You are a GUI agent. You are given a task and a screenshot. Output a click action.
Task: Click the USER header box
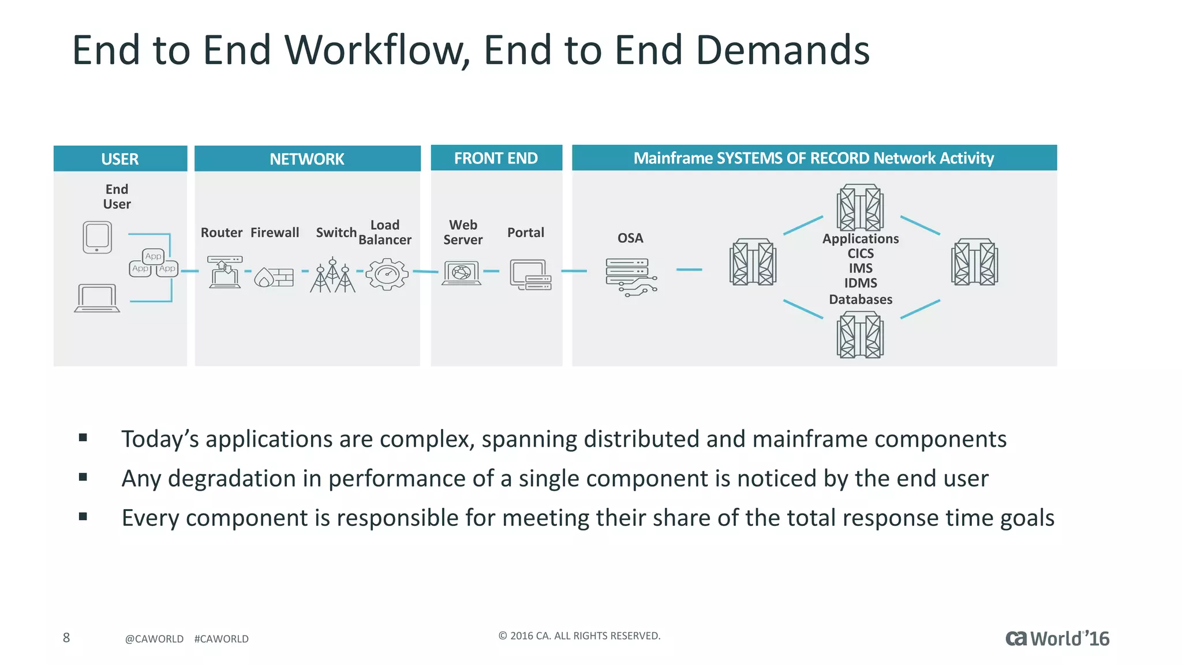[x=120, y=159]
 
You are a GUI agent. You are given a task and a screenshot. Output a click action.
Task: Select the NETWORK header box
[x=307, y=159]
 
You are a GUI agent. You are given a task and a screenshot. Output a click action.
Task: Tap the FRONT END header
[x=496, y=158]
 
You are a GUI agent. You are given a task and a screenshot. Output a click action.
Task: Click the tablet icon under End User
[x=97, y=237]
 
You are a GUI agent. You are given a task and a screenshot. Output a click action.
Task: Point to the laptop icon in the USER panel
[x=97, y=298]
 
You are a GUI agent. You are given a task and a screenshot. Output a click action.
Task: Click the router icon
[x=225, y=272]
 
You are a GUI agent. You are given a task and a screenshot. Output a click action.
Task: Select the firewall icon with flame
[x=274, y=277]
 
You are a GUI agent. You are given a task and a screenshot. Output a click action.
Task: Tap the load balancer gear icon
[x=387, y=274]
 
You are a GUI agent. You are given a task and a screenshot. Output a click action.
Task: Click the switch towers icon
[x=333, y=275]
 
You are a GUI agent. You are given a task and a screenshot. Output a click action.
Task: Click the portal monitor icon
[x=530, y=275]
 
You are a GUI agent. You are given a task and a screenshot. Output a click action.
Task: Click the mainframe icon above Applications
[x=860, y=208]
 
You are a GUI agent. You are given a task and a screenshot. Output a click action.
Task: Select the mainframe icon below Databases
[x=860, y=335]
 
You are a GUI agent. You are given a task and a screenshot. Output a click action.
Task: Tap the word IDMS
[x=861, y=283]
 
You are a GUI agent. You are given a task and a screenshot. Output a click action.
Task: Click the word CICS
[x=861, y=253]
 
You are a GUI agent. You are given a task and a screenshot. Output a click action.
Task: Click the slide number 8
[x=66, y=638]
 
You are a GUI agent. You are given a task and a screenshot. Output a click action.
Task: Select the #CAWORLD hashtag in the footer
[x=221, y=639]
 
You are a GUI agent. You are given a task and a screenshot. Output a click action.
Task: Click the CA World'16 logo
[x=1057, y=638]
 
